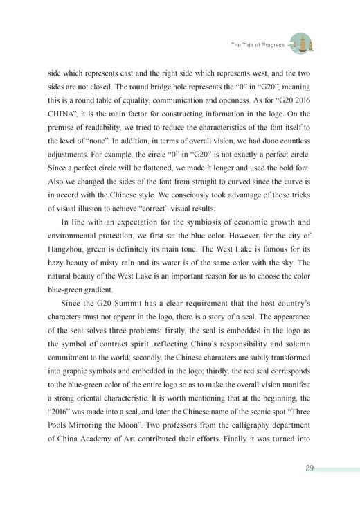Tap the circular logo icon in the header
click(x=299, y=44)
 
